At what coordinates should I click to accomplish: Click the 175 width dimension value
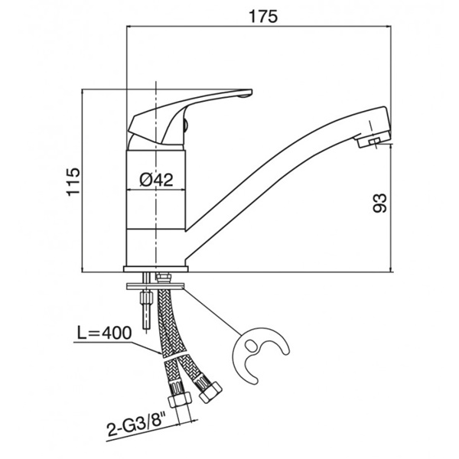tap(262, 16)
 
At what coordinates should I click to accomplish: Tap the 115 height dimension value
tap(73, 182)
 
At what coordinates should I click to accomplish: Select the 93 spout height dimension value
tap(379, 203)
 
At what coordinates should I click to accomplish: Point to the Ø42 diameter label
tap(156, 180)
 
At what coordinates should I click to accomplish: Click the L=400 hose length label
tap(104, 333)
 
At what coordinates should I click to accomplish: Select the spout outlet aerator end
tap(374, 141)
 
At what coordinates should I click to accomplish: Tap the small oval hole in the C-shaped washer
tap(251, 346)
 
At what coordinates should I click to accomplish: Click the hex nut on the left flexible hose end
tap(179, 402)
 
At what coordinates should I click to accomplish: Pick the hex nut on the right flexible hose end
tap(210, 392)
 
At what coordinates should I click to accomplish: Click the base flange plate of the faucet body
tap(156, 269)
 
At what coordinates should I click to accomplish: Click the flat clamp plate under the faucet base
tap(155, 286)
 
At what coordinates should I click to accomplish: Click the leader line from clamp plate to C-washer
tap(212, 311)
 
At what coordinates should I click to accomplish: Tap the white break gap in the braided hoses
tap(174, 358)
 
